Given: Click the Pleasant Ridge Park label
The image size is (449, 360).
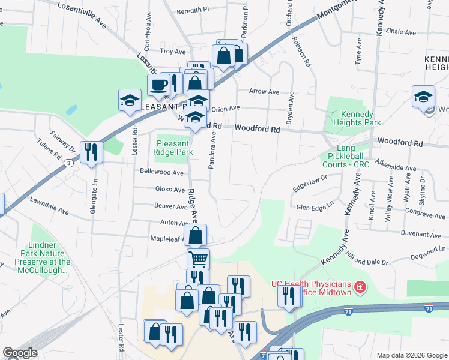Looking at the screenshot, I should point(174,148).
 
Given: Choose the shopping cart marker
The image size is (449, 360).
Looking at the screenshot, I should point(198,260).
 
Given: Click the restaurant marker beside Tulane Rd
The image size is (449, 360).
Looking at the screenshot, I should point(91,151).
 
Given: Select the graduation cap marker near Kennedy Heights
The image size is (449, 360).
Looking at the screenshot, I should point(423,97).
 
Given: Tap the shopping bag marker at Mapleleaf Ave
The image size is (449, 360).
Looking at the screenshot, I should point(196,235).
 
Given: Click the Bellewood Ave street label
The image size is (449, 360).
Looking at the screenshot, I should point(161,172).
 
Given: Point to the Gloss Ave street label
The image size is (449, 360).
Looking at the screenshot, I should point(170,189).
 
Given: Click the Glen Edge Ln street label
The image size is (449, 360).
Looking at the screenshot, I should point(314,208).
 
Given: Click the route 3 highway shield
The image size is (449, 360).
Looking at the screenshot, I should point(70,163).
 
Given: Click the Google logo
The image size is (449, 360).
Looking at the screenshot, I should point(19,353).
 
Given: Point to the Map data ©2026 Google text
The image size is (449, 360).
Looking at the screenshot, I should point(411,355).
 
